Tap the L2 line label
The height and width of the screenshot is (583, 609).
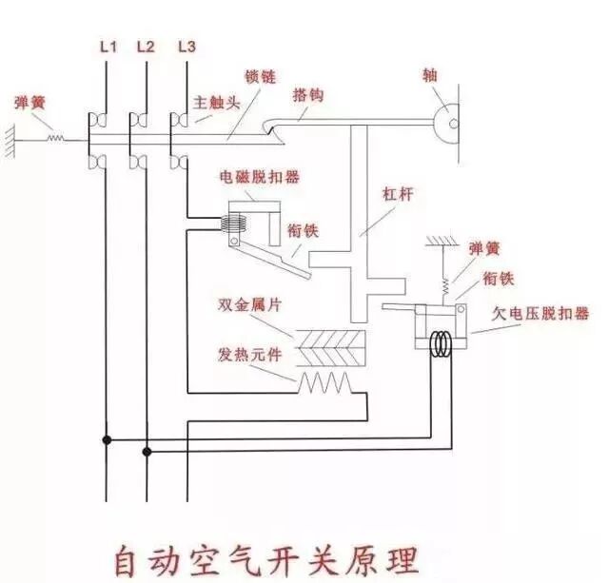point(146,46)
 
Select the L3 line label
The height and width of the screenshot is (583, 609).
point(187,46)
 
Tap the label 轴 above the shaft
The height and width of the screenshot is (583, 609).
point(431,73)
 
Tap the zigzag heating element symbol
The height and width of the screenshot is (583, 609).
point(325,383)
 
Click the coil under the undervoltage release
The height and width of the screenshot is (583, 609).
point(441,344)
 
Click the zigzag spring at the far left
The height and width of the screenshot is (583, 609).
point(57,139)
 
